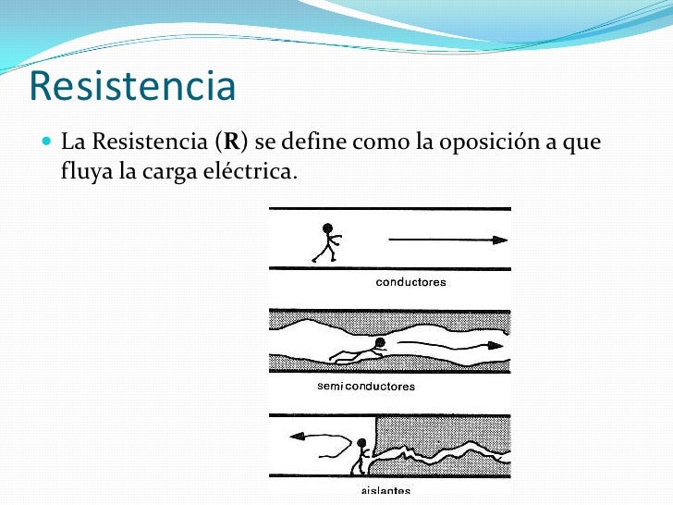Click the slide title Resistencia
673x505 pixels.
point(132,86)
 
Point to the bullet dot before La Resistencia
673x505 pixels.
point(48,143)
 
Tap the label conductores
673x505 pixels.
point(410,282)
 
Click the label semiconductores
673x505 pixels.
point(366,386)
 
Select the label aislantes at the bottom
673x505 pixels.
point(385,490)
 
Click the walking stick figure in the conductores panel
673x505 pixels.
point(325,242)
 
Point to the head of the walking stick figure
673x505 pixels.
point(327,227)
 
